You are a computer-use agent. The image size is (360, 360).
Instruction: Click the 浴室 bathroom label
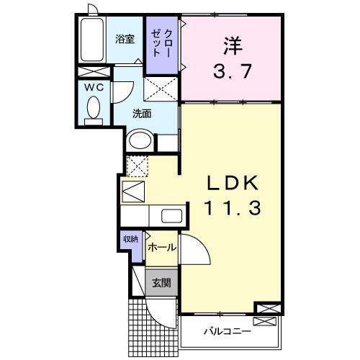click(x=125, y=40)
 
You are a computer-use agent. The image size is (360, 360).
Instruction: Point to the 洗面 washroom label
click(x=140, y=113)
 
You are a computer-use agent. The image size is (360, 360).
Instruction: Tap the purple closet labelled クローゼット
click(x=159, y=45)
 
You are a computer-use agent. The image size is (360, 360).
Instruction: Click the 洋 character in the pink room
click(x=230, y=45)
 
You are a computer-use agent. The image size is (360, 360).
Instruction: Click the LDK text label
click(x=230, y=183)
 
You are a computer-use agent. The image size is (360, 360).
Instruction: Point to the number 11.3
click(x=229, y=210)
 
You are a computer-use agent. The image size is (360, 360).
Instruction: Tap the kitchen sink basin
click(x=171, y=215)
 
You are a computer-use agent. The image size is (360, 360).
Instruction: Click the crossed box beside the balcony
click(x=266, y=309)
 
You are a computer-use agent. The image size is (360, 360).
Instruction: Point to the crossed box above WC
click(x=93, y=72)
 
